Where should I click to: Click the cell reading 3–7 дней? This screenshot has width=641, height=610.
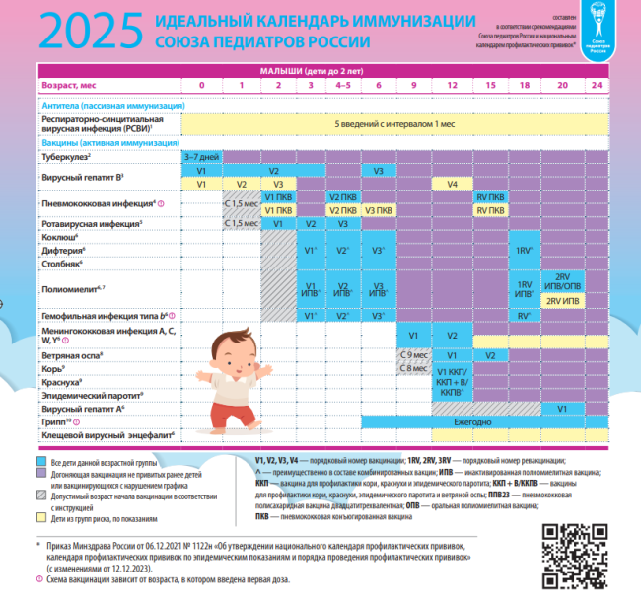pyautogui.click(x=201, y=157)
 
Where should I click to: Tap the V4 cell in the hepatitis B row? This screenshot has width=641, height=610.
pyautogui.click(x=451, y=184)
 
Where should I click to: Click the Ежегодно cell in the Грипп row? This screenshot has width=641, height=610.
pyautogui.click(x=451, y=421)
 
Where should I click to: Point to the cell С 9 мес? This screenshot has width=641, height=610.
pyautogui.click(x=413, y=353)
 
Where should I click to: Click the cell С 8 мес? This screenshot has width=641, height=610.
pyautogui.click(x=413, y=368)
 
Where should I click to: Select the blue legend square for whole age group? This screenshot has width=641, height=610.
pyautogui.click(x=42, y=461)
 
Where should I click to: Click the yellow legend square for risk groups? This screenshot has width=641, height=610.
pyautogui.click(x=42, y=516)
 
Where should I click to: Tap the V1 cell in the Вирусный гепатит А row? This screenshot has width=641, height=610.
pyautogui.click(x=561, y=407)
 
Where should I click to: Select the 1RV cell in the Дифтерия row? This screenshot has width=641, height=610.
pyautogui.click(x=524, y=251)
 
